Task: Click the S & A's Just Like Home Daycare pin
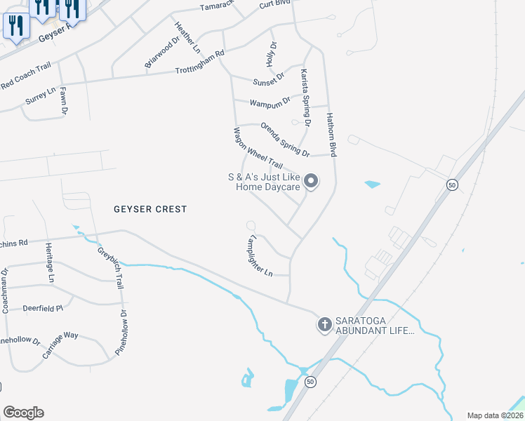[312, 182]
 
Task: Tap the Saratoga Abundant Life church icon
[324, 324]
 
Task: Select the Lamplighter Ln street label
[256, 257]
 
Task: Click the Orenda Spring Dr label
[284, 139]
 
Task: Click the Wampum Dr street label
[271, 103]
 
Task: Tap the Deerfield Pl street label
[43, 307]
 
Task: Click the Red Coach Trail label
[26, 76]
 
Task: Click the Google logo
[23, 413]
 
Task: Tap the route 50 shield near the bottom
[310, 382]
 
